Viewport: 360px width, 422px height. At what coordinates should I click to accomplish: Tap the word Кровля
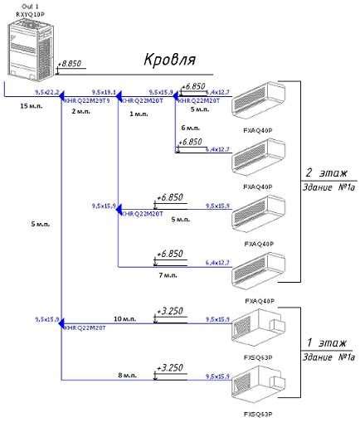170,61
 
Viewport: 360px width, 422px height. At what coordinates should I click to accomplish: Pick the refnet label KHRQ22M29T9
90,100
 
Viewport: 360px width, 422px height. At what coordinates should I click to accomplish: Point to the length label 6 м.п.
190,128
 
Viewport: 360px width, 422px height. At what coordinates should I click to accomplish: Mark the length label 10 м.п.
124,318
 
